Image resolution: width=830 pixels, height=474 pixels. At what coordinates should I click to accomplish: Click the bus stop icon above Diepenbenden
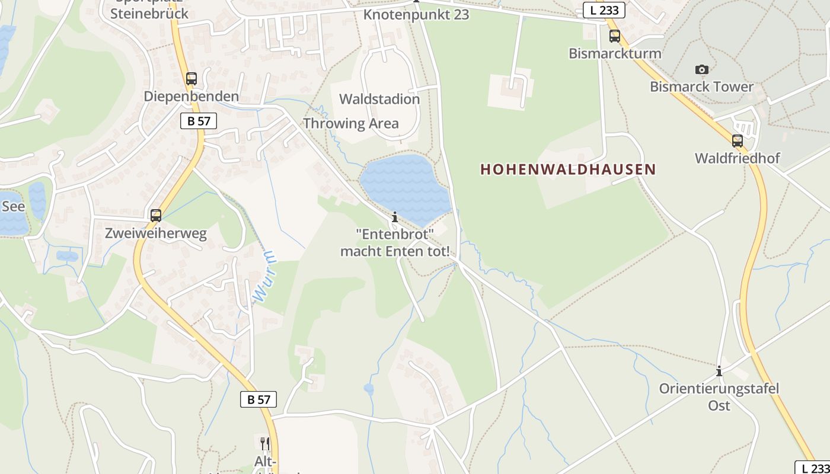(191, 78)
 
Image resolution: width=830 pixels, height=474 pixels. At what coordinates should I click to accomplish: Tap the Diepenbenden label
(191, 96)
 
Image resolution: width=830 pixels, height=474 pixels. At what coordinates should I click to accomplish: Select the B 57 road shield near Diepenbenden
(199, 121)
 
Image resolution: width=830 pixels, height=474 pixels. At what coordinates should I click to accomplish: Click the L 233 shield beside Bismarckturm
(604, 10)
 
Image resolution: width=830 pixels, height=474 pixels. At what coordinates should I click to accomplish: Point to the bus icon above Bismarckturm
(615, 36)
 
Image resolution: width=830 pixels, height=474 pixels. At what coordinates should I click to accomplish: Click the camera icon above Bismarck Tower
(702, 70)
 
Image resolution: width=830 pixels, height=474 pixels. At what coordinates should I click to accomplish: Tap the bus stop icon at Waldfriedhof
(738, 141)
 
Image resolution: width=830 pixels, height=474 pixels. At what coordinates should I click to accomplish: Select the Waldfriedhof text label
(738, 158)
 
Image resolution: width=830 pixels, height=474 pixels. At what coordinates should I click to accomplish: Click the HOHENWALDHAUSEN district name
(568, 169)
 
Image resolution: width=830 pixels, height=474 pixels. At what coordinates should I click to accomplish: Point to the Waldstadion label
(379, 99)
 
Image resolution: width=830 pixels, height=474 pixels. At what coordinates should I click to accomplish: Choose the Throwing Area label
(350, 123)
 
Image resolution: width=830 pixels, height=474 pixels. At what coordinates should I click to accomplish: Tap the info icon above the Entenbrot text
(395, 217)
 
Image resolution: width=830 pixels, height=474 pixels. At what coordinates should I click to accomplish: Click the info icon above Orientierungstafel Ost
(719, 371)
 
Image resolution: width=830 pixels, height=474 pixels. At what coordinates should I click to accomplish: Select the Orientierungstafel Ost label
(719, 397)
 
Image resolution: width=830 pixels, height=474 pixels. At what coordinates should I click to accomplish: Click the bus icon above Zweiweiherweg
(156, 216)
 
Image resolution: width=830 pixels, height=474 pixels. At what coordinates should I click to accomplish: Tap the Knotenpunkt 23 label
(416, 14)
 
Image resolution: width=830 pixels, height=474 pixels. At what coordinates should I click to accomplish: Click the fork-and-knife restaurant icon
(264, 443)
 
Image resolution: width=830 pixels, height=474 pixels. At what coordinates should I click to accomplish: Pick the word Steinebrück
(149, 14)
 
